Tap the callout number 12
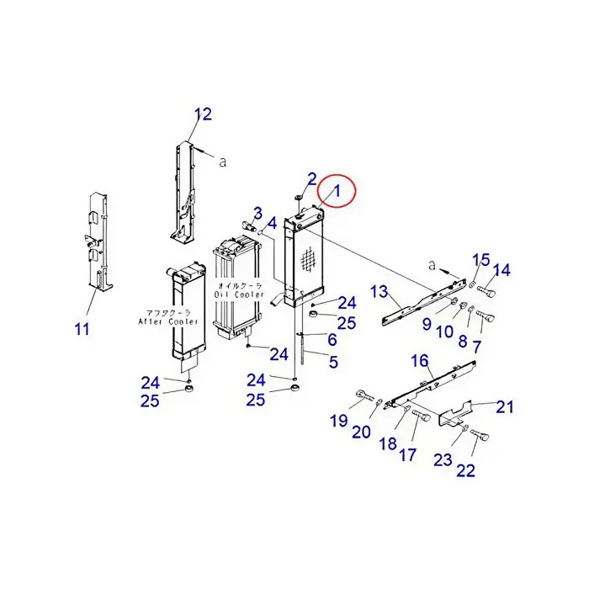(x=203, y=114)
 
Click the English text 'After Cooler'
(x=173, y=321)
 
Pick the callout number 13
(x=379, y=291)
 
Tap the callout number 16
(x=420, y=361)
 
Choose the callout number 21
(x=504, y=407)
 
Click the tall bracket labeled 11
(x=99, y=244)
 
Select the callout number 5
(x=333, y=363)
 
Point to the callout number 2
(x=311, y=178)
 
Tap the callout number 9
(x=427, y=324)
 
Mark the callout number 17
(x=407, y=455)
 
